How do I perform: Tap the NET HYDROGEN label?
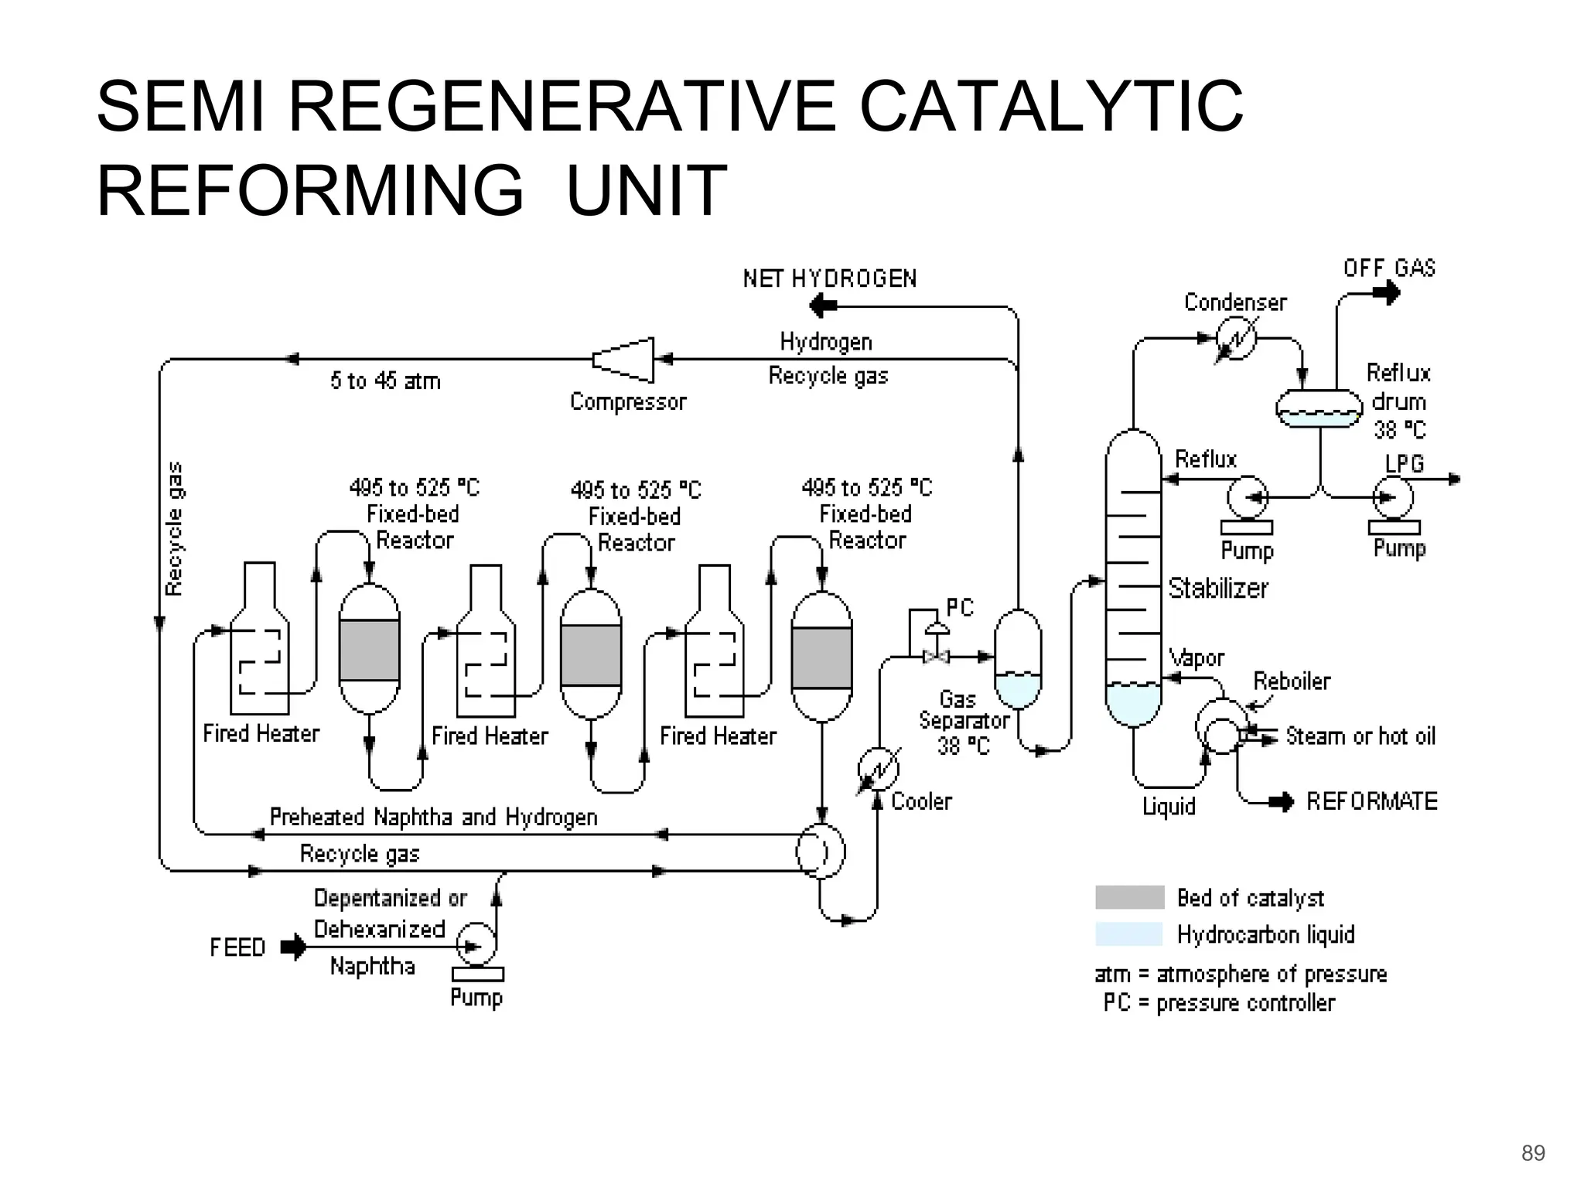(830, 278)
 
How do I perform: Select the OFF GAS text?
(1389, 268)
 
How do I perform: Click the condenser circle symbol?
(1235, 339)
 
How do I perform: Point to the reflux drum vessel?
(1319, 408)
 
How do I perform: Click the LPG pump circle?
(1393, 498)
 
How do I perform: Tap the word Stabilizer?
(1218, 589)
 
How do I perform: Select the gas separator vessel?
(1017, 659)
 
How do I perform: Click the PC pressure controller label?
(960, 608)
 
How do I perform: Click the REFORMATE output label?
(1371, 801)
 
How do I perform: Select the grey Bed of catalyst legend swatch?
(1129, 897)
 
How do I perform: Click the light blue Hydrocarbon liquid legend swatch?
(1129, 934)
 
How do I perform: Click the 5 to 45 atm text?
(385, 381)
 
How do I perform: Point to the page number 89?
(1532, 1153)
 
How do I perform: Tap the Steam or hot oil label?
(1360, 736)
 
